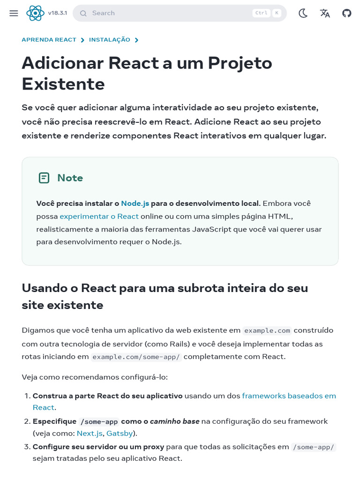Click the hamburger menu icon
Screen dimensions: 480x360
tap(14, 13)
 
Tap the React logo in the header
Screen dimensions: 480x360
tap(35, 13)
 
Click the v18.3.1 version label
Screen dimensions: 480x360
tap(57, 13)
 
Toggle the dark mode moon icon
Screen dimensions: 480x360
tap(303, 13)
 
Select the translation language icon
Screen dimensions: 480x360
tap(325, 13)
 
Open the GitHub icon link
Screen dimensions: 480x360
tap(346, 13)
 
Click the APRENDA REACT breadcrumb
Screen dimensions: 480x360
tap(49, 40)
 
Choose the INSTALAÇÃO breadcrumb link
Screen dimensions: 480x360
tap(110, 40)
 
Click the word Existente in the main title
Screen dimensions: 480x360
tap(63, 84)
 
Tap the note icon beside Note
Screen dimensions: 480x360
tap(44, 178)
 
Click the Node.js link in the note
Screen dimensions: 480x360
tap(135, 203)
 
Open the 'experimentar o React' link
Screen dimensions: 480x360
tap(99, 217)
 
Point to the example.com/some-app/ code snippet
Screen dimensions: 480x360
tap(136, 357)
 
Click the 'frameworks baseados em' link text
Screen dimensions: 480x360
tap(289, 396)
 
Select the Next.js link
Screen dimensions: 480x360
tap(90, 433)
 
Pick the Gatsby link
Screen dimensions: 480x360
tap(120, 433)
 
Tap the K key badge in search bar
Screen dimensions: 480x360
tap(277, 13)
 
